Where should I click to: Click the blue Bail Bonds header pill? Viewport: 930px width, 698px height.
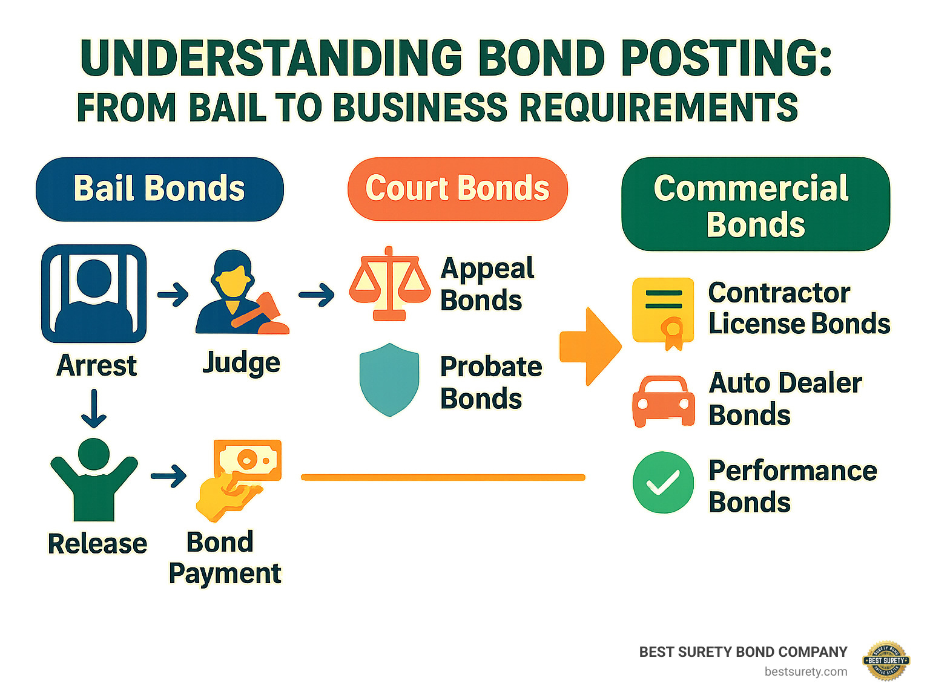[160, 189]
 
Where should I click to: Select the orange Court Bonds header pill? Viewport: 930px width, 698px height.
[457, 189]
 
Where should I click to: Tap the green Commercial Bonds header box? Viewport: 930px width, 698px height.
[755, 204]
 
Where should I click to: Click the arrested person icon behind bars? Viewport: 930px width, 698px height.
[94, 294]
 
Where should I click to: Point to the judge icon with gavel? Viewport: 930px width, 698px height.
[240, 293]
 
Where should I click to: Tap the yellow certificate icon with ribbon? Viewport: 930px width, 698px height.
[663, 312]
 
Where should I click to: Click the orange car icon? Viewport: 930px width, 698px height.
[663, 401]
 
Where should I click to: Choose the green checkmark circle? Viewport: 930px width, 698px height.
[663, 483]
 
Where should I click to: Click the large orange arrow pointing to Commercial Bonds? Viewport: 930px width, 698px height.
[589, 347]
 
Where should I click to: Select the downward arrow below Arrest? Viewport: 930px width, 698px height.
[94, 409]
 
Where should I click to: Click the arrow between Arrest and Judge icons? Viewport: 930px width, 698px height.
[173, 295]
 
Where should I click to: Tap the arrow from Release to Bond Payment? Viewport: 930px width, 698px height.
[168, 476]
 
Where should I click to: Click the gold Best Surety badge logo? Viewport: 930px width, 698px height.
[886, 660]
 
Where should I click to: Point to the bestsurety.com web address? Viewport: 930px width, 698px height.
[805, 671]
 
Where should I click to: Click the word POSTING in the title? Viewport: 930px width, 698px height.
[726, 59]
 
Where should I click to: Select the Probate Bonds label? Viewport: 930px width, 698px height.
[490, 382]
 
